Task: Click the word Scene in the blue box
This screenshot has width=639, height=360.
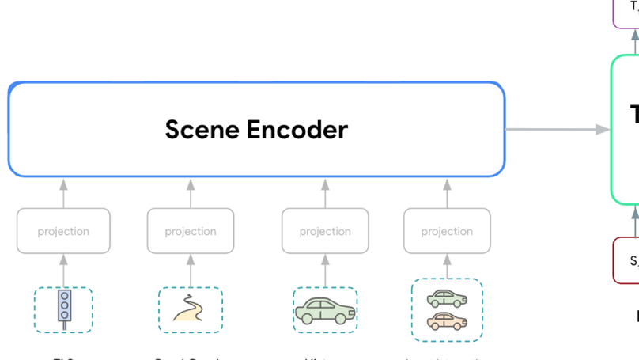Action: pos(202,130)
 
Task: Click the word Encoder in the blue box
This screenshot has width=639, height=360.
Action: pos(298,130)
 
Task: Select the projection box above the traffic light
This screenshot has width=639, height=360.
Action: pos(63,231)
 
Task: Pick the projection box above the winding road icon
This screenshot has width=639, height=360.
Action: pos(191,231)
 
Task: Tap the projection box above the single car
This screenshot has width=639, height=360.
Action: pos(325,231)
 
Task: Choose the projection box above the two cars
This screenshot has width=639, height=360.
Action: pos(447,231)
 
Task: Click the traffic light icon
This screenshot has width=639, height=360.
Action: pos(64,308)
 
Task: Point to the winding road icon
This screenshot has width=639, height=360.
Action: pos(190,309)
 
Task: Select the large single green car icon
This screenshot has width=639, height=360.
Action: pos(325,311)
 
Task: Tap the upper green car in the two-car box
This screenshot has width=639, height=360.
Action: pos(447,298)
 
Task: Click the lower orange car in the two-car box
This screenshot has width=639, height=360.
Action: pos(447,321)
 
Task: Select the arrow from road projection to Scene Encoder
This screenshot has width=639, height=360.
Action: pos(191,193)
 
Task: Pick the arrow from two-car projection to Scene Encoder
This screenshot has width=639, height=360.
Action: pos(447,193)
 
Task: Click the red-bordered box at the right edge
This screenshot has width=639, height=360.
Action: pos(627,260)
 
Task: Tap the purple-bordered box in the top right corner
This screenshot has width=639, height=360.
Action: pos(627,11)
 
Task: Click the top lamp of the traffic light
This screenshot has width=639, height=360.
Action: pos(64,297)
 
